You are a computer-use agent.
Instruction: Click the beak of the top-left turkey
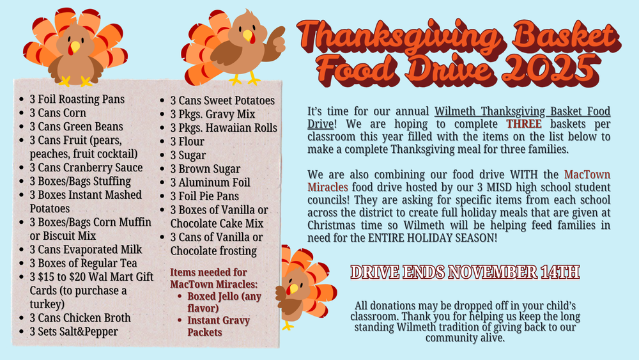75,47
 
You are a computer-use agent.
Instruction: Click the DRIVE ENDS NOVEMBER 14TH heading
465,272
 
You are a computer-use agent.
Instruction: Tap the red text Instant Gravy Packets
219,326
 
